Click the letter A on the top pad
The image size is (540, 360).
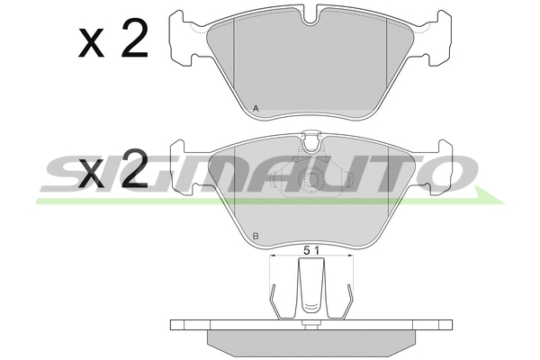click(x=256, y=109)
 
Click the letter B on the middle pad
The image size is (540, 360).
click(x=256, y=237)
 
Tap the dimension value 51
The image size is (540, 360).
click(x=311, y=250)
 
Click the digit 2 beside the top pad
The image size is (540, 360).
click(x=135, y=38)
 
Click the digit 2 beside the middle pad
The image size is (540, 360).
click(x=135, y=169)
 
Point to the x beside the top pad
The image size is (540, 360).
click(x=91, y=43)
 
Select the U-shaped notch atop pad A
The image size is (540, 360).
click(x=311, y=17)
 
